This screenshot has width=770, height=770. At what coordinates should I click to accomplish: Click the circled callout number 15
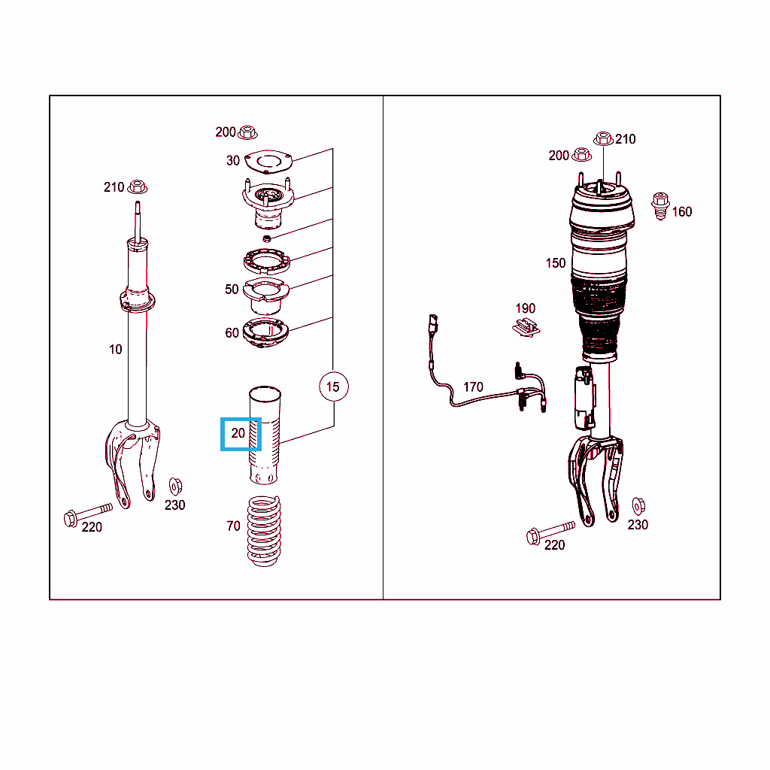pos(333,387)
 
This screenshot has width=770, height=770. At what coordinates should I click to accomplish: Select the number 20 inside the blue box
pos(238,433)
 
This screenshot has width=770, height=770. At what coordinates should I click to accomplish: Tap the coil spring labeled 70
pos(264,531)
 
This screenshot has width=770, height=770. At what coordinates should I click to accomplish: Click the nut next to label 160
pos(660,206)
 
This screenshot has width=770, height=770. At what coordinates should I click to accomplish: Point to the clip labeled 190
pos(526,327)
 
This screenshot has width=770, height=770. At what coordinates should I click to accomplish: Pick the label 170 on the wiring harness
pos(474,387)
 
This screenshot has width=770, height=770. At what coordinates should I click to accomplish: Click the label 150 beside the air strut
pos(556,263)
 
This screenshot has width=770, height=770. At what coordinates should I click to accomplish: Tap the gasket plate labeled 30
pos(268,162)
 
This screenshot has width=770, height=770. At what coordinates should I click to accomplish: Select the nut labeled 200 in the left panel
pos(247,132)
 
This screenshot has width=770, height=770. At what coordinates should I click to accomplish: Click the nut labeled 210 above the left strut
pos(138,187)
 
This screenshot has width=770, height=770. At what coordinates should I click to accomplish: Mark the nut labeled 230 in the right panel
pos(638,506)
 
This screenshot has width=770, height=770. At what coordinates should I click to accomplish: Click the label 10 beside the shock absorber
pos(115,350)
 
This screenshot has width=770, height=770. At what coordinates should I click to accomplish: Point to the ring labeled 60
pos(265,332)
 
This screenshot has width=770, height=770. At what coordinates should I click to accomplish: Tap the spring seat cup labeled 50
pos(265,296)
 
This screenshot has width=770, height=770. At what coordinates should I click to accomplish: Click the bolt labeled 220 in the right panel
pos(550,533)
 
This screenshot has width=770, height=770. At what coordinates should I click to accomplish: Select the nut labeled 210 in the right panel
pos(604,139)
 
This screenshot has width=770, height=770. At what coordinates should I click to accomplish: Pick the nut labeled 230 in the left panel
pos(175,487)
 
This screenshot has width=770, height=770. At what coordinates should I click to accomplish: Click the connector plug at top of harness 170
pos(433,323)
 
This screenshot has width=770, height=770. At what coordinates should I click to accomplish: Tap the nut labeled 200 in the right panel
pos(582,155)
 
